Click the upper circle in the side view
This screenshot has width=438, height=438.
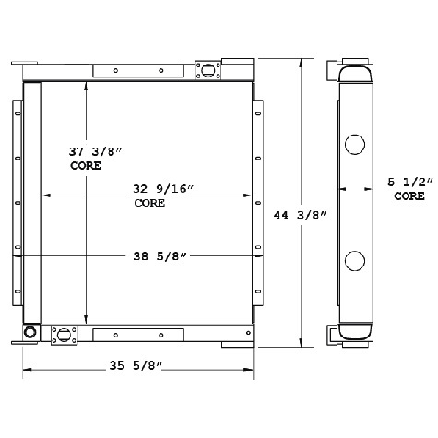[x=356, y=144]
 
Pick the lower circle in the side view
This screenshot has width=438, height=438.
[x=356, y=261]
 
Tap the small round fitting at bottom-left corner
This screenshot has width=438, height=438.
[x=30, y=332]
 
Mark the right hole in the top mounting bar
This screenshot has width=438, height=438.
[x=160, y=70]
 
